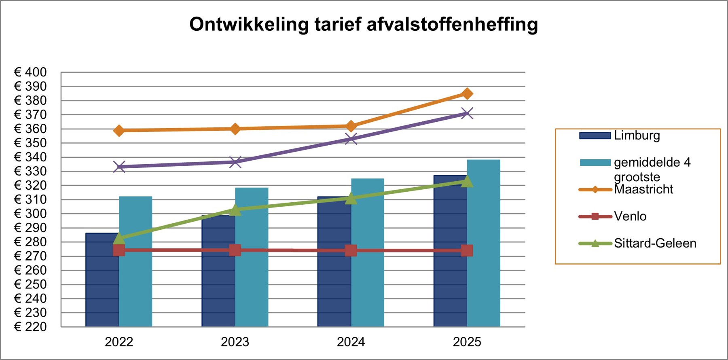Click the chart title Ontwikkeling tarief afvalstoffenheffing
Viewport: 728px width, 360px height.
(x=363, y=24)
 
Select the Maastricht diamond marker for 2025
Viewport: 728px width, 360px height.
(x=467, y=93)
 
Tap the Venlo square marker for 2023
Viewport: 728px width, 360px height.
(x=235, y=250)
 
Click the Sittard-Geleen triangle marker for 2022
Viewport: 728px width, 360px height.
(x=119, y=238)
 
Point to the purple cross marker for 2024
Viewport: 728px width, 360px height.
(x=351, y=139)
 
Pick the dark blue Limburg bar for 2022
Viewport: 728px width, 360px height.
(x=102, y=283)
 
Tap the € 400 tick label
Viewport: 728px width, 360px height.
(x=31, y=72)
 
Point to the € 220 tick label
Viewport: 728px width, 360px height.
(x=31, y=326)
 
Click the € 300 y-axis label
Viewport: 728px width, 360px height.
(x=31, y=214)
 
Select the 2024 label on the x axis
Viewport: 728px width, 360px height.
(x=351, y=342)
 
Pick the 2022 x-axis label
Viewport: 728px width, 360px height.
(x=119, y=342)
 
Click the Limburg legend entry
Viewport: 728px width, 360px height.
(x=637, y=135)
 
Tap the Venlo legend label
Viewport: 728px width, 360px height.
(x=630, y=216)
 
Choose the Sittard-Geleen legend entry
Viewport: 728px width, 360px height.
(x=655, y=243)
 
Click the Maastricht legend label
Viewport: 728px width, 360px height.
(x=643, y=189)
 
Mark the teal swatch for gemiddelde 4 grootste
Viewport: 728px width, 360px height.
(x=595, y=162)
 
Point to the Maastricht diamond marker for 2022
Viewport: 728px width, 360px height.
(x=119, y=130)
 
